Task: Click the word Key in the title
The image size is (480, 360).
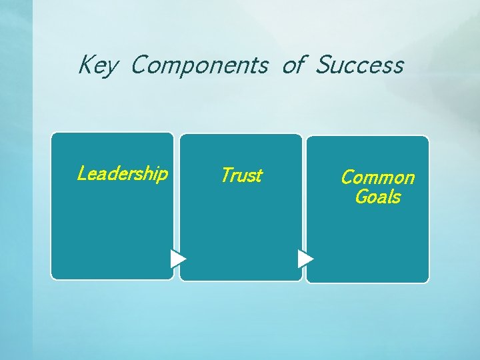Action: pyautogui.click(x=99, y=65)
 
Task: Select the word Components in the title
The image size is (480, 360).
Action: pyautogui.click(x=199, y=65)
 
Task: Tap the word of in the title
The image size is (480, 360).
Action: pyautogui.click(x=293, y=65)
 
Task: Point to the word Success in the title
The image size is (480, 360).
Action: pyautogui.click(x=359, y=65)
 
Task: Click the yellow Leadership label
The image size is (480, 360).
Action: pyautogui.click(x=122, y=174)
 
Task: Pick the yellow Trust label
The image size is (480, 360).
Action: pyautogui.click(x=241, y=175)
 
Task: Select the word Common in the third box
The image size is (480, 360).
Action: pyautogui.click(x=377, y=177)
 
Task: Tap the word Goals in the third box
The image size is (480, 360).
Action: pyautogui.click(x=377, y=197)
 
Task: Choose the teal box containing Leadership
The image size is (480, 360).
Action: pyautogui.click(x=112, y=227)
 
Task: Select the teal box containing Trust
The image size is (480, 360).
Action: pyautogui.click(x=241, y=227)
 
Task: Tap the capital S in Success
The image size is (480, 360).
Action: pyautogui.click(x=323, y=65)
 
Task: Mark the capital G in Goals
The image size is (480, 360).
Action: pyautogui.click(x=361, y=197)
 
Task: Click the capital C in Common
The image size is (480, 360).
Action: pyautogui.click(x=347, y=177)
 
